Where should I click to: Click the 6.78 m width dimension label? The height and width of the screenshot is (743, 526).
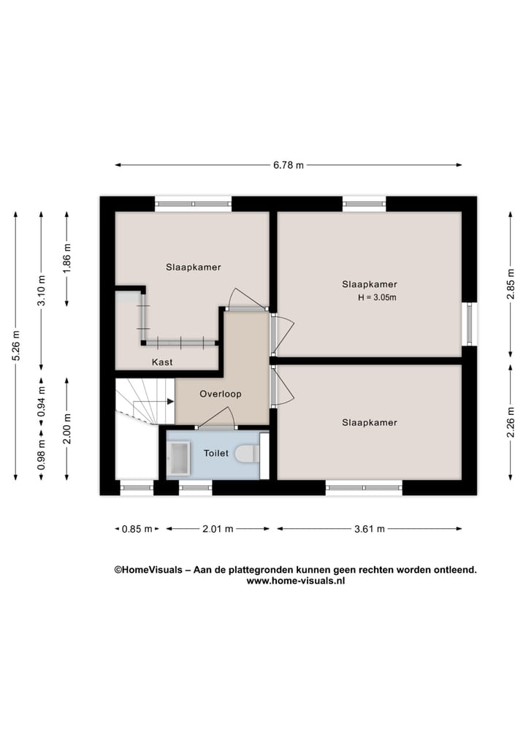[x=288, y=165]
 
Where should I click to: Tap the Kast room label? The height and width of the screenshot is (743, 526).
[x=162, y=362]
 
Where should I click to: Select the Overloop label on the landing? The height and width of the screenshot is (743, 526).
[x=221, y=394]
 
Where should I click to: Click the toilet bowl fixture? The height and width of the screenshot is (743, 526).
[x=246, y=454]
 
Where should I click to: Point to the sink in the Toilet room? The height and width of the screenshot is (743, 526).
[x=178, y=458]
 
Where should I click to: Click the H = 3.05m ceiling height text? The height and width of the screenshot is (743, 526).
[x=377, y=297]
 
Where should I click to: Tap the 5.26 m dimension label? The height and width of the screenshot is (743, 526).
[x=15, y=346]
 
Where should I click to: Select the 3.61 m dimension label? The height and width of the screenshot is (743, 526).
[x=370, y=529]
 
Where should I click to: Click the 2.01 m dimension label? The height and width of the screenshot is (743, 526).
[x=218, y=529]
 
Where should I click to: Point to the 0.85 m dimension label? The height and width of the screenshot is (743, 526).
[x=137, y=529]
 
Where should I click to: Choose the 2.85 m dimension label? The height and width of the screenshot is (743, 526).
[x=511, y=284]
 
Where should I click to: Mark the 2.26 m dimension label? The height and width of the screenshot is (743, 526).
[x=511, y=422]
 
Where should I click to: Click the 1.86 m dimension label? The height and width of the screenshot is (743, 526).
[x=66, y=258]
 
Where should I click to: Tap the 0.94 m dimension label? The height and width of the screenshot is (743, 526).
[x=41, y=401]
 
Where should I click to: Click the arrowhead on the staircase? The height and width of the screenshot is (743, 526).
[x=171, y=401]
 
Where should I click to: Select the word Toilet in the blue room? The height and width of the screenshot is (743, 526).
[x=216, y=453]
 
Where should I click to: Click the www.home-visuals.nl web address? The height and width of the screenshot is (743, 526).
[x=295, y=581]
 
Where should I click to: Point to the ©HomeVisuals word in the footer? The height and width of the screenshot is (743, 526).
[x=148, y=570]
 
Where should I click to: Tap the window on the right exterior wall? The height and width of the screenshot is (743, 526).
[x=469, y=324]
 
